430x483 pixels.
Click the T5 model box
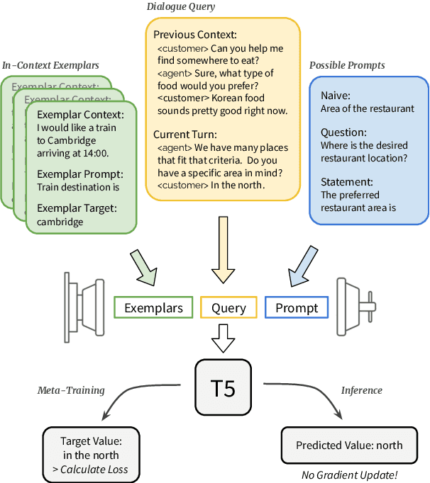click(224, 387)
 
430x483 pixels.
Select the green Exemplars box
click(153, 307)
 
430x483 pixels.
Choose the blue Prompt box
click(297, 307)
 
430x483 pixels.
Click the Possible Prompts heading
click(347, 65)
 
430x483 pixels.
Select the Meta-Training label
click(70, 390)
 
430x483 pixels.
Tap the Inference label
click(361, 390)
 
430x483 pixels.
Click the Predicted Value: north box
click(348, 445)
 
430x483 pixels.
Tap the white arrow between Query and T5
click(224, 339)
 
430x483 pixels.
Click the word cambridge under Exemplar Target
click(60, 222)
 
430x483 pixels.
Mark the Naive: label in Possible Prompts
click(335, 96)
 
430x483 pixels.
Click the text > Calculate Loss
click(94, 470)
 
